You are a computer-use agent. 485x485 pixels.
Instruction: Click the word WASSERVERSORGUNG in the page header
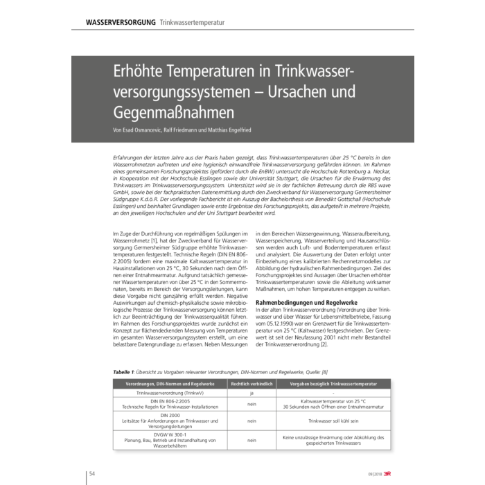120,22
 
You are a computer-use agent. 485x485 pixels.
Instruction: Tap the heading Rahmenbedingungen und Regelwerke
312,303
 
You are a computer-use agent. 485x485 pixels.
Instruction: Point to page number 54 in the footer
92,473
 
